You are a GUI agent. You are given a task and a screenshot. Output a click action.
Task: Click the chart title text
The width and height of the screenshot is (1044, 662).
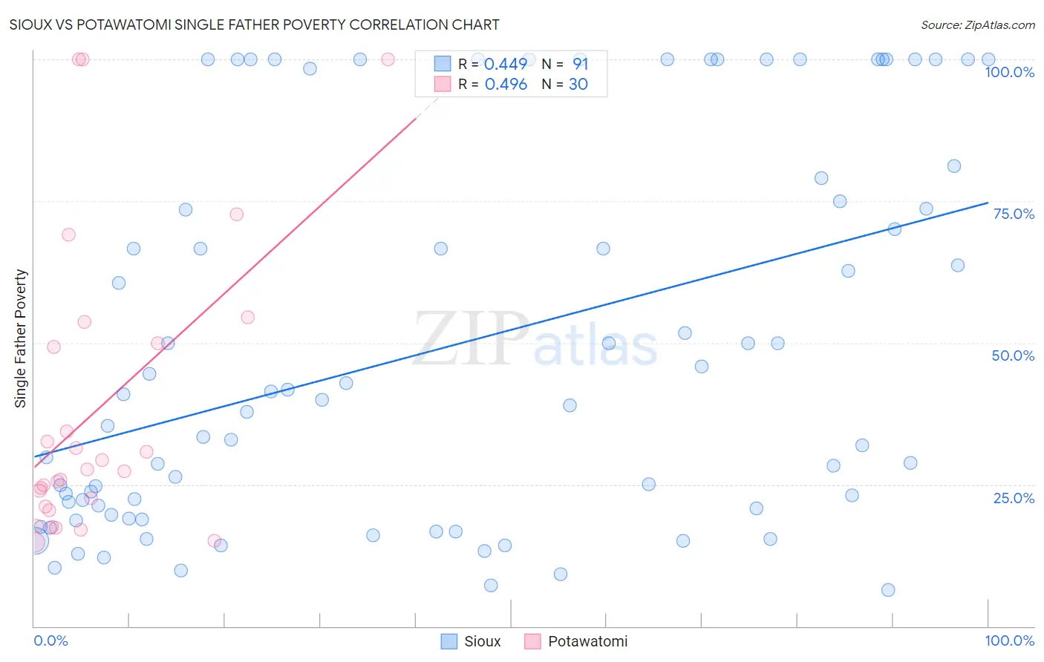coord(254,24)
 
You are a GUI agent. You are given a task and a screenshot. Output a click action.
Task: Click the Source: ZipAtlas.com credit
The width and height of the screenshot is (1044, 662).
coord(977,24)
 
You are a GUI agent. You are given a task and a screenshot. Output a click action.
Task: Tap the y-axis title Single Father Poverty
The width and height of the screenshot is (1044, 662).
coord(21,338)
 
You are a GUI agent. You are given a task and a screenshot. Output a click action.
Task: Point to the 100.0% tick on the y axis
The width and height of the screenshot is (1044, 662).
coord(1009,72)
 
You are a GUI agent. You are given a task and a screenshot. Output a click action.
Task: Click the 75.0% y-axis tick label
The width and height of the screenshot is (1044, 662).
coord(1014,214)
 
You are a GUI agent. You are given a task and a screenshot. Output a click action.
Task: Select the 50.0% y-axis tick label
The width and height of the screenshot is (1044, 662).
coord(1013,355)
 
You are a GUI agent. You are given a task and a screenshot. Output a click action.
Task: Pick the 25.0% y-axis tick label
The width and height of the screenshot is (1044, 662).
coord(1014,498)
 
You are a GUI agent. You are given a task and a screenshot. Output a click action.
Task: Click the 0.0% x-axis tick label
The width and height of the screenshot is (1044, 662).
coord(50,640)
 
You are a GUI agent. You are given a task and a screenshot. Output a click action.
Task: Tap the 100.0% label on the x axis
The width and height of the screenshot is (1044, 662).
coord(1009,640)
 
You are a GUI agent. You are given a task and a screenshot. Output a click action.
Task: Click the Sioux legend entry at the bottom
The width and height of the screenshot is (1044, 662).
coord(472,641)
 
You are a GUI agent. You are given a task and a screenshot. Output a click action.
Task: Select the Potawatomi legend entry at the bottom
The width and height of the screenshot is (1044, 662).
coord(576,641)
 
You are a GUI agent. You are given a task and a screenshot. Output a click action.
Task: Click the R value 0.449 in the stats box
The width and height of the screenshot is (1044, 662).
coord(506,65)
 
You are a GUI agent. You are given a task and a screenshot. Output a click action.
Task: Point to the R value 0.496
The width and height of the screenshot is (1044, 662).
coord(506,85)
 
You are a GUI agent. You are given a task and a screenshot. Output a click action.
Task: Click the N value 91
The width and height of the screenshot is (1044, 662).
coord(580,65)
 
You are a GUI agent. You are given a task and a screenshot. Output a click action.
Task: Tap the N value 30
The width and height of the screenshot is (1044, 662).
coord(578,85)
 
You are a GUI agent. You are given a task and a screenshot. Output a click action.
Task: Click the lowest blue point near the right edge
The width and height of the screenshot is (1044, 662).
coord(888,590)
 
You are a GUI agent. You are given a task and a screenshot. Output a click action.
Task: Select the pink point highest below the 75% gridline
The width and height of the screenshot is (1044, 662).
coord(237,214)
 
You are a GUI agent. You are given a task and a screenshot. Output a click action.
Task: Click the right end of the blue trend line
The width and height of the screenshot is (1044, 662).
coord(988,203)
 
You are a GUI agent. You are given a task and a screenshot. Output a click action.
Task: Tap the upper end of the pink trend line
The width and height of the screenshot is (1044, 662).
coord(416,117)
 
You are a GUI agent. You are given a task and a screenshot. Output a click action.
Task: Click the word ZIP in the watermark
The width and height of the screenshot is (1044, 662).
coord(471,338)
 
